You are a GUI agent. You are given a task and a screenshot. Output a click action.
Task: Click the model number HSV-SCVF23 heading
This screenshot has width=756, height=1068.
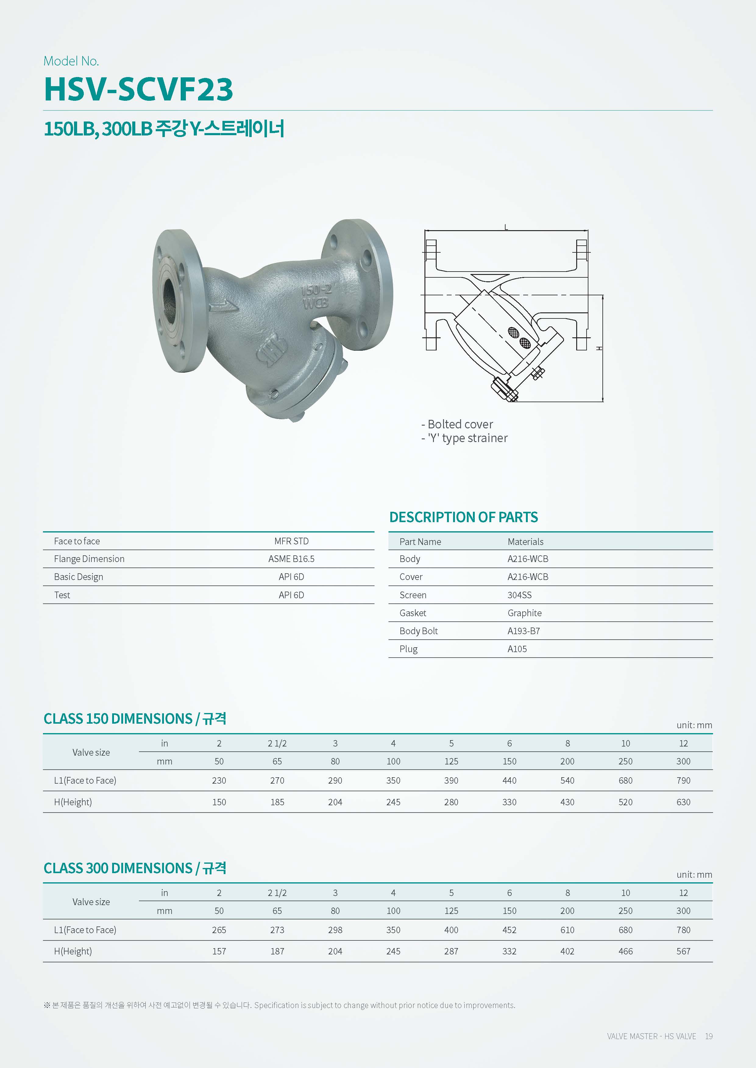click(x=138, y=89)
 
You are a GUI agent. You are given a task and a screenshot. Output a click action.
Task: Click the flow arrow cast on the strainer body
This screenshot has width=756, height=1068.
click(x=224, y=306)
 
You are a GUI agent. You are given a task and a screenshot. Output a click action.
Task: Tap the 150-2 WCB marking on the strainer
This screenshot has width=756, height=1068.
click(x=316, y=296)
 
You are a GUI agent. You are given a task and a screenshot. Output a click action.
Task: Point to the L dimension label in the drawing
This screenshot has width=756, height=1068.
click(x=506, y=227)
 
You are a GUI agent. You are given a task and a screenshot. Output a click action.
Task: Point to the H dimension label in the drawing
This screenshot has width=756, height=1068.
click(x=600, y=348)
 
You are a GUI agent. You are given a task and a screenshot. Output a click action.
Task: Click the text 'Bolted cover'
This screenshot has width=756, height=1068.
click(x=460, y=424)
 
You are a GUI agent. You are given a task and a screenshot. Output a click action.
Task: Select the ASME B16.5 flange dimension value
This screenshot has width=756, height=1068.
click(x=291, y=559)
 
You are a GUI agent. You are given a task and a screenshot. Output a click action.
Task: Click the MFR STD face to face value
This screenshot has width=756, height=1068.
click(x=291, y=541)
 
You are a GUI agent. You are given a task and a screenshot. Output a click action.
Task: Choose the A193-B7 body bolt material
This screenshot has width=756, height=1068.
click(x=523, y=631)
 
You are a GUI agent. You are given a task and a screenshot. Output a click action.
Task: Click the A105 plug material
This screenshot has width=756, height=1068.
click(x=517, y=649)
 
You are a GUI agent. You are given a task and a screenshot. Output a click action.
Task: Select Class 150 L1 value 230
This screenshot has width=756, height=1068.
click(x=219, y=781)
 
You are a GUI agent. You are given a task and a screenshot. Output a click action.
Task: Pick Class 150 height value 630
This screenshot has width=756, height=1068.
click(x=683, y=802)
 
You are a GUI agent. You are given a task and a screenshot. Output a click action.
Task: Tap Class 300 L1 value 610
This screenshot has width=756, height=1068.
click(x=567, y=930)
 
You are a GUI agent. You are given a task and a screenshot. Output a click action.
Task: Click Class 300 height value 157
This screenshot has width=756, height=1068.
click(x=219, y=951)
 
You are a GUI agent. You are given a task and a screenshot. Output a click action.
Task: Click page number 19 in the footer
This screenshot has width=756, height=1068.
click(x=708, y=1036)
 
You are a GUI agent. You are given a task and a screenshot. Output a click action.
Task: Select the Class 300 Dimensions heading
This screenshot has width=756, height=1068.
click(x=135, y=868)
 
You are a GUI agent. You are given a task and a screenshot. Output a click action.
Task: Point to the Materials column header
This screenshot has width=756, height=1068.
click(x=525, y=541)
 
